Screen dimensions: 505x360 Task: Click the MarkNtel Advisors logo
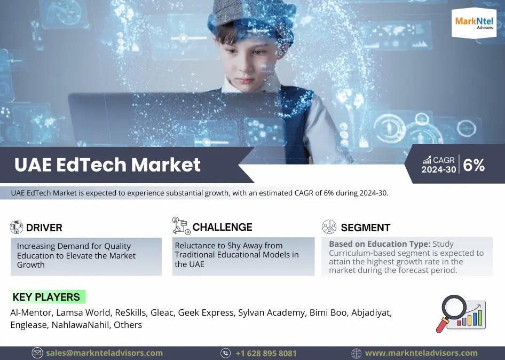[x=474, y=23]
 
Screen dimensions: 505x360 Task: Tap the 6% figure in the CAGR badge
[x=474, y=166]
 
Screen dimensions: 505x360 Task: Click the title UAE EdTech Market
[x=108, y=165]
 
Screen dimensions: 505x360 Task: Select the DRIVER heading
[x=44, y=228]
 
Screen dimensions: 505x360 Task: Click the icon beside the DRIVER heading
[x=17, y=227]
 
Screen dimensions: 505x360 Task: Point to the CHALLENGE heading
[x=222, y=227]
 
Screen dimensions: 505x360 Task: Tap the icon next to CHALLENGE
[x=181, y=225]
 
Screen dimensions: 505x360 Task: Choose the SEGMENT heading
[x=366, y=228]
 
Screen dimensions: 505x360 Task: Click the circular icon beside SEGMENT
[x=329, y=227]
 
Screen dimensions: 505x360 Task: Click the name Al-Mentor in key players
[x=31, y=312]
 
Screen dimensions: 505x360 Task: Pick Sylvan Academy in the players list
[x=272, y=312]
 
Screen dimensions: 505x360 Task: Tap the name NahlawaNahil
[x=80, y=325]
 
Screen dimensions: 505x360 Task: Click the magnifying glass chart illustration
[x=461, y=314]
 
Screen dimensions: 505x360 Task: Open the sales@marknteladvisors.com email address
[x=104, y=353]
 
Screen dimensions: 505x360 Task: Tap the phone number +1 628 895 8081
[x=266, y=354]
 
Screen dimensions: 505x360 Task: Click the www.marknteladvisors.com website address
[x=421, y=353]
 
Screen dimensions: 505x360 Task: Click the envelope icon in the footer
[x=37, y=353]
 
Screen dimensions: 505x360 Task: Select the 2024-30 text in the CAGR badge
[x=439, y=169]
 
